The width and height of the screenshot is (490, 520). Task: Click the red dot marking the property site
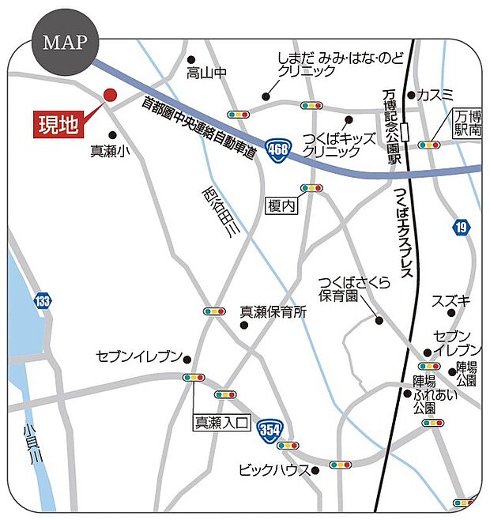tap(110, 95)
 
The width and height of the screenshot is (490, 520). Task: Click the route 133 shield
tap(43, 300)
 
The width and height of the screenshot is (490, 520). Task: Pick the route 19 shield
tap(461, 228)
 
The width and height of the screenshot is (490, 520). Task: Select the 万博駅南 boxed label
tap(467, 122)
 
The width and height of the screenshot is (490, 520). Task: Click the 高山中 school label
tap(207, 73)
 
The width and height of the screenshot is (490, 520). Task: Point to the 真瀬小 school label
tap(109, 151)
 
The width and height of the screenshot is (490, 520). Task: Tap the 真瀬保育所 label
tap(273, 311)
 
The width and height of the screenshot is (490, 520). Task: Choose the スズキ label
tap(451, 301)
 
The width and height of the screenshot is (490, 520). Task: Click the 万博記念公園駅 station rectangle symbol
tap(405, 132)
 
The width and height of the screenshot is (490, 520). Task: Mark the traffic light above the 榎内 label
tap(311, 188)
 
